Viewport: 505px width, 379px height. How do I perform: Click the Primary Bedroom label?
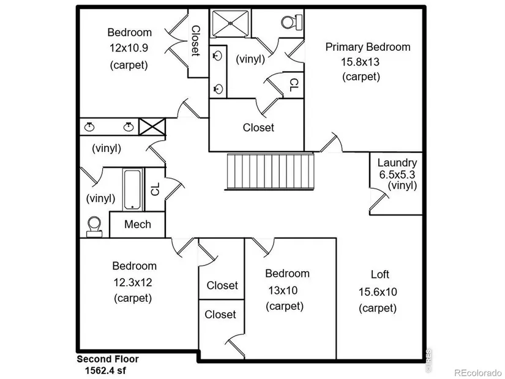pos(367,47)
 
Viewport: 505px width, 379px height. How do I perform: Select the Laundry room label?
pos(397,163)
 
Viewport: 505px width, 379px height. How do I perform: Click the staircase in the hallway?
pos(270,172)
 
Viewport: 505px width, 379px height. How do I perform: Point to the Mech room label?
pos(137,224)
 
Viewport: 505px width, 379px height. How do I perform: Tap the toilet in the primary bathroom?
pos(289,23)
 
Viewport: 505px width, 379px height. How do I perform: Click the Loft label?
pos(380,274)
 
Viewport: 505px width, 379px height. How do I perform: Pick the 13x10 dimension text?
pos(284,290)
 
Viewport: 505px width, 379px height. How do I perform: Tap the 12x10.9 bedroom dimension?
pos(129,48)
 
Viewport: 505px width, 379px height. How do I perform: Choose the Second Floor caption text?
pos(108,359)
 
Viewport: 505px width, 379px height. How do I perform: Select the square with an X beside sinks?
pos(148,127)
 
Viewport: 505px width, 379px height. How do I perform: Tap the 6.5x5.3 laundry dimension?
pos(396,174)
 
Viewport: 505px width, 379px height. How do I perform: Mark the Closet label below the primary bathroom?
pos(258,127)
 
